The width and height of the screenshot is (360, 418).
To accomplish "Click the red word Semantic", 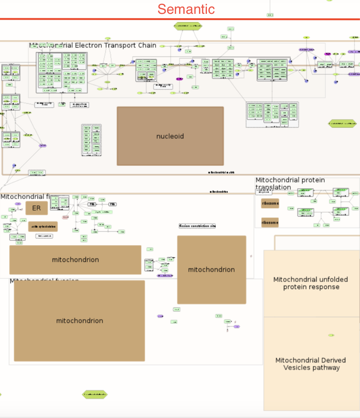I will tap(186, 9).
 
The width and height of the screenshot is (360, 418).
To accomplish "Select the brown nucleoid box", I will tap(170, 136).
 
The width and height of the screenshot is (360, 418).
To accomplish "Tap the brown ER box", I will tap(36, 208).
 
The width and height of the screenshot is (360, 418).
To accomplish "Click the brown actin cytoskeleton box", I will tap(43, 226).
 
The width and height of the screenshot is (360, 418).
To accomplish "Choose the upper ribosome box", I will tap(270, 203).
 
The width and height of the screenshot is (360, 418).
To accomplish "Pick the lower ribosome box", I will tap(270, 222).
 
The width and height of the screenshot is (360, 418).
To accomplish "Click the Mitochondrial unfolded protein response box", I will tap(311, 283).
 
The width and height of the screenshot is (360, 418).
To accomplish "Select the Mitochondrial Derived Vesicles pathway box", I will tap(311, 364).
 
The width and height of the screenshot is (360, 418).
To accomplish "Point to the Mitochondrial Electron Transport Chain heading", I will tap(93, 45).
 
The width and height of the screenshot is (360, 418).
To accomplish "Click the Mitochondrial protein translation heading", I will tap(290, 183).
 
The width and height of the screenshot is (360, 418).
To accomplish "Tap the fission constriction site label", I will tap(197, 226).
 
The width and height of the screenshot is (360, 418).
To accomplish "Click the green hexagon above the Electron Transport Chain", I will tap(188, 26).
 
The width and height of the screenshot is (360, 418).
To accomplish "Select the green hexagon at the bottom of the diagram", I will tap(95, 394).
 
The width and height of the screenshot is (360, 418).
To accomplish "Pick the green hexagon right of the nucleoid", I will tap(342, 124).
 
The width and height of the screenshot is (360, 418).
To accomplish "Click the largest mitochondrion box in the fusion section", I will tap(79, 321).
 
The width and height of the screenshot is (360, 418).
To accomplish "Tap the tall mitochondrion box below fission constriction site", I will tap(212, 270).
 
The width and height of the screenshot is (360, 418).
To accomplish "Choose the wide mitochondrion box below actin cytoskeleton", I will tap(75, 260).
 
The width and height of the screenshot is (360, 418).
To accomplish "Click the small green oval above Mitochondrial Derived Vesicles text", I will tap(331, 335).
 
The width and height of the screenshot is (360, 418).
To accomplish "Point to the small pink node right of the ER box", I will tap(66, 217).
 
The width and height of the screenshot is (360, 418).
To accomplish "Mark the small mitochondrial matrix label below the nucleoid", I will tap(221, 172).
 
